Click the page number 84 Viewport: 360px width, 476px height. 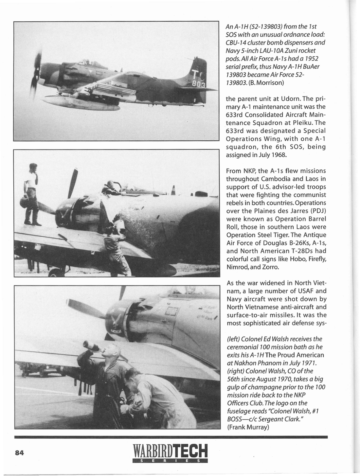coord(19,453)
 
